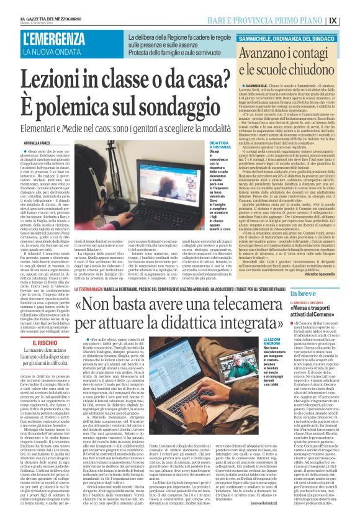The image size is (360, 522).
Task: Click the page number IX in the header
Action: point(350,19)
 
